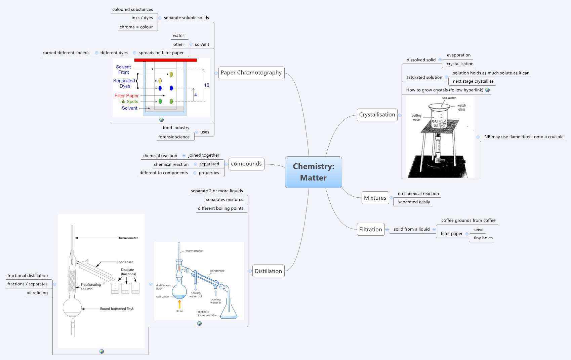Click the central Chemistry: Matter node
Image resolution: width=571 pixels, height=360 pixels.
click(313, 172)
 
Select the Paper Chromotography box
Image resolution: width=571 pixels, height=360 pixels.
click(251, 73)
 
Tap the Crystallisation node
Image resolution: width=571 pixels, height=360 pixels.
click(377, 115)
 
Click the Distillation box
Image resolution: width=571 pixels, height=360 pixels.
click(268, 271)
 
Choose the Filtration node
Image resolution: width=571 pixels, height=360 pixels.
click(370, 229)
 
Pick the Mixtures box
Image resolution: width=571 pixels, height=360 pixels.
click(375, 198)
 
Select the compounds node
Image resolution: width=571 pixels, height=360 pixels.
click(246, 164)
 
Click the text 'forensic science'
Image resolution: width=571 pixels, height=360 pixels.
click(174, 137)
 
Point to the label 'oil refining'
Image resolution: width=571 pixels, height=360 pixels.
click(37, 293)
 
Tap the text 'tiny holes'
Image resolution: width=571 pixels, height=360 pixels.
click(483, 238)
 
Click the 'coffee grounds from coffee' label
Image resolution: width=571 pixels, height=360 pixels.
click(468, 221)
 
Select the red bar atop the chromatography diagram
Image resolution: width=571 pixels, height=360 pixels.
click(165, 60)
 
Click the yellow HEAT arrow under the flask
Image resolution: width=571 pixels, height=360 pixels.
click(179, 304)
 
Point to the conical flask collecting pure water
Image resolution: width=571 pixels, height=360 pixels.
click(229, 311)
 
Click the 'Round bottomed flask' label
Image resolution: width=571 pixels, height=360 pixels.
click(117, 309)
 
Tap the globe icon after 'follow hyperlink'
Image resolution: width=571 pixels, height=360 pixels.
click(487, 90)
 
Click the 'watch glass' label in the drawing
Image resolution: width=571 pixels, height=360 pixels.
click(461, 107)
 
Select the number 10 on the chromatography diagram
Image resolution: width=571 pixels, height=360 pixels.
click(207, 85)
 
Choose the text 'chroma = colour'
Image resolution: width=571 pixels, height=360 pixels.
click(136, 27)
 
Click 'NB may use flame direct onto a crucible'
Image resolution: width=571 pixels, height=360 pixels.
click(524, 137)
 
